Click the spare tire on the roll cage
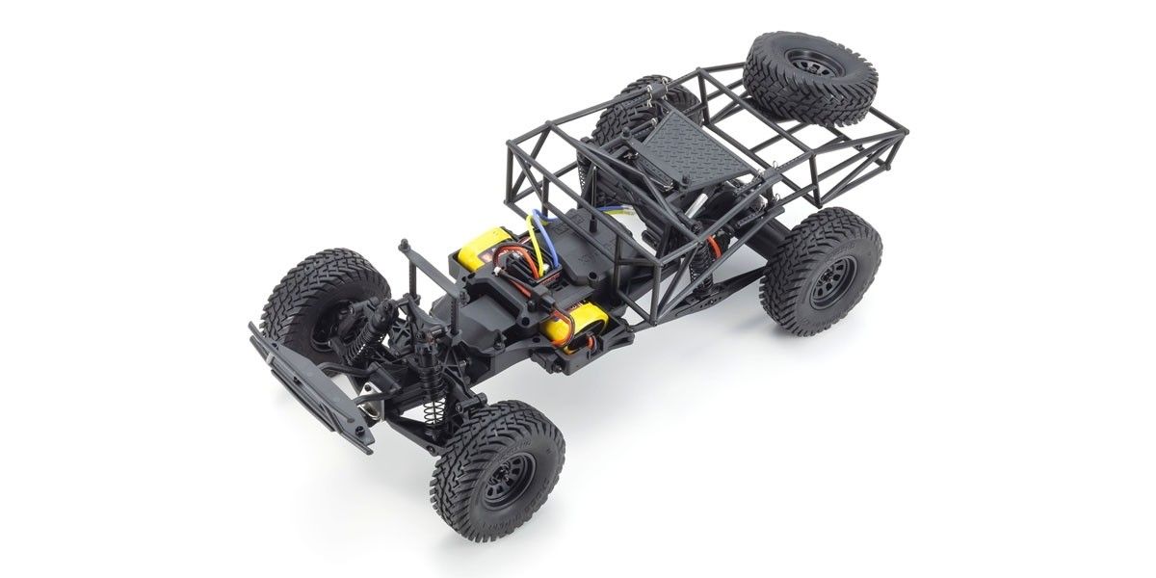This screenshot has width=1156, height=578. [x=796, y=79]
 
